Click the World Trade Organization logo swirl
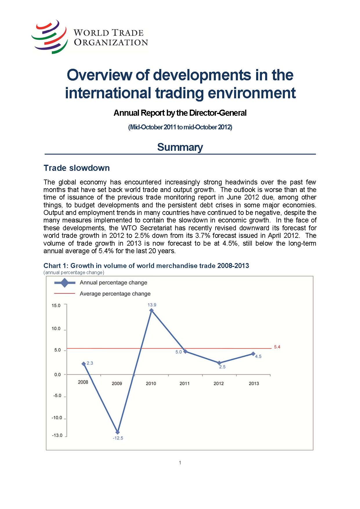click(50, 37)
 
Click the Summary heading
click(180, 147)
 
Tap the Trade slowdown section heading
click(77, 168)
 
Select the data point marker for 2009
click(117, 432)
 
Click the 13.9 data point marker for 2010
click(151, 310)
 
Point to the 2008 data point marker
click(84, 364)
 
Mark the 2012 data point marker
click(219, 363)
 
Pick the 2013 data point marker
click(253, 354)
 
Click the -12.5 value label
click(118, 438)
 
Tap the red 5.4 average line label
click(277, 347)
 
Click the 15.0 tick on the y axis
click(56, 305)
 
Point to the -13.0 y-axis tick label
click(57, 435)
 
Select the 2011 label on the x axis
click(184, 383)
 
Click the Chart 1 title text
click(146, 266)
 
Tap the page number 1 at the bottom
click(180, 463)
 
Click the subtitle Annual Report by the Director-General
click(180, 113)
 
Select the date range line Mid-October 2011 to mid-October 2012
click(180, 127)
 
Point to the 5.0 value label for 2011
click(178, 352)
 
